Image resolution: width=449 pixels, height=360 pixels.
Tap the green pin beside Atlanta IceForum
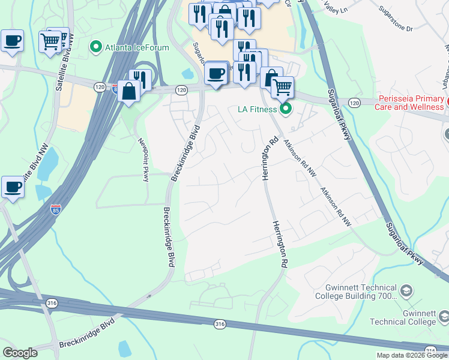95,46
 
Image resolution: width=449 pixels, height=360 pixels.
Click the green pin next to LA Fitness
286,109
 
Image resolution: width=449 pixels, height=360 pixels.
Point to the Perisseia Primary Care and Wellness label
411,103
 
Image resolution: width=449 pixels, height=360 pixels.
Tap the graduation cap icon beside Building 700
407,292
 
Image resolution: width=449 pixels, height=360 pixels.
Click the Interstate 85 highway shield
55,209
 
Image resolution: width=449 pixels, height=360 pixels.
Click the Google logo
20,353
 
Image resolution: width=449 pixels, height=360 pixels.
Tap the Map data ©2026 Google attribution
412,355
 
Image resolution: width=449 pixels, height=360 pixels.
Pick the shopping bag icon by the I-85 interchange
129,91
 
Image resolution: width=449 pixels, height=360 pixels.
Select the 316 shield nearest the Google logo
47,304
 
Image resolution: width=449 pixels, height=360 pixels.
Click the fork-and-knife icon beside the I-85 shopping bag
139,79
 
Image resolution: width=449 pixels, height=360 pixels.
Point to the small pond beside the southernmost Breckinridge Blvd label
124,348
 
